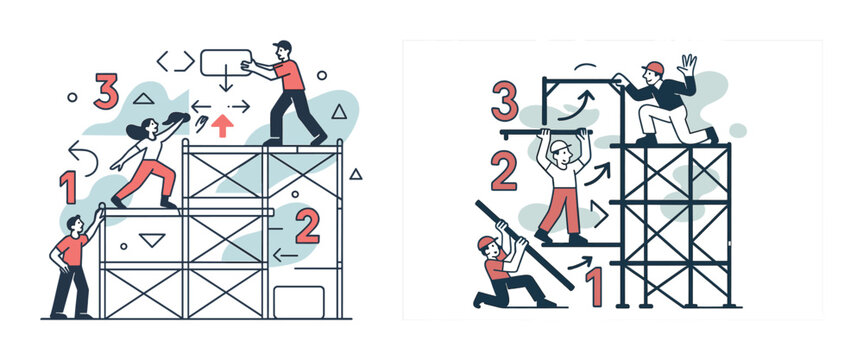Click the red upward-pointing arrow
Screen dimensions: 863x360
222,126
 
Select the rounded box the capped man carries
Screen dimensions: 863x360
226,62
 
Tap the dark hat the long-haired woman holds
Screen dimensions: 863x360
176,118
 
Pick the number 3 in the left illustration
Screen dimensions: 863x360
106,91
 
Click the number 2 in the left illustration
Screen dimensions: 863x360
307,226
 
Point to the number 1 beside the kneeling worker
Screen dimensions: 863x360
593,286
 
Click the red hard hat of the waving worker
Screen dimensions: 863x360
653,68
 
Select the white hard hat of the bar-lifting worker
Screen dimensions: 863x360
559,145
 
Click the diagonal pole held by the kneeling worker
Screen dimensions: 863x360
525,245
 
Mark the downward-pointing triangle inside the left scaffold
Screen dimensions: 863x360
152,239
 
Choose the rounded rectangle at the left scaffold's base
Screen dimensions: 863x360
299,302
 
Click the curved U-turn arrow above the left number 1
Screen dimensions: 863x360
83,157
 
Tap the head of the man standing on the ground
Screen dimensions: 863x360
74,224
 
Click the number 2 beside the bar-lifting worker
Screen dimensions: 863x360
504,171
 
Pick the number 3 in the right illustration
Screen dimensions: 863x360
505,101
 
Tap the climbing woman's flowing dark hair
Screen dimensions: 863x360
136,129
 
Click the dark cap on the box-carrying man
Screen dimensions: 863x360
282,45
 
